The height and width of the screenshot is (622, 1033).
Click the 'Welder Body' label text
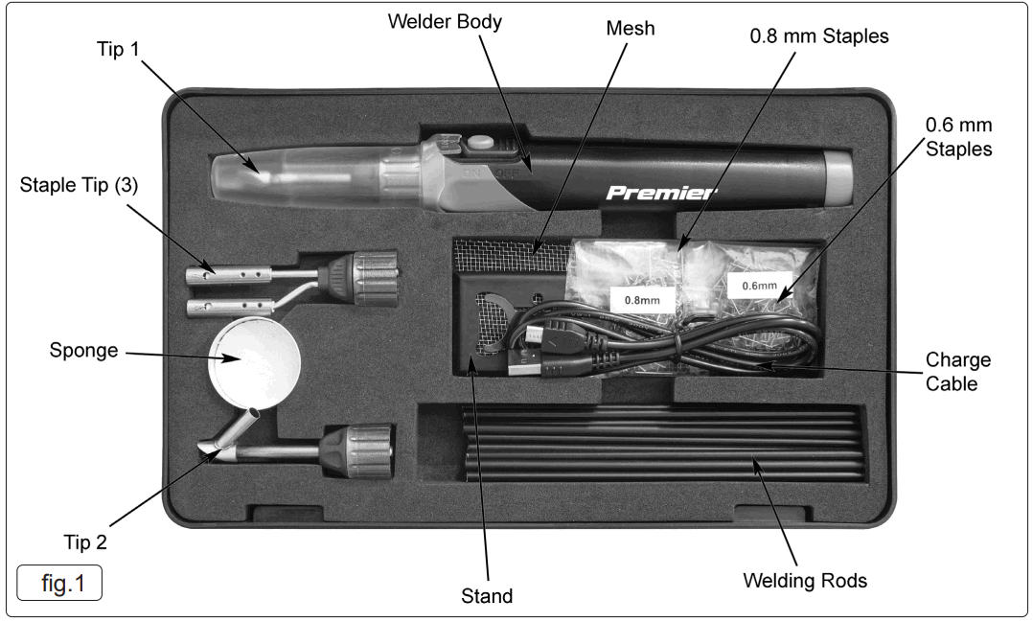444,21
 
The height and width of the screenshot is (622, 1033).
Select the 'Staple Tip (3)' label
79,186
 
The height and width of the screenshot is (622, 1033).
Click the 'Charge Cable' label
957,373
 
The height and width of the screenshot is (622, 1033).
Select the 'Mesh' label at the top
631,29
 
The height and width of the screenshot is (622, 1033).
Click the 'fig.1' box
59,583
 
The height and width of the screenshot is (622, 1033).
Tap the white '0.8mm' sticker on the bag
640,299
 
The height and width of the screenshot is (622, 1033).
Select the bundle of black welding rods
661,447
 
